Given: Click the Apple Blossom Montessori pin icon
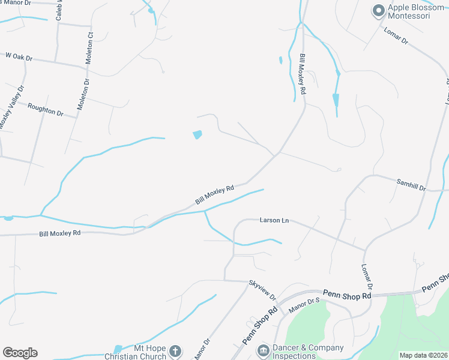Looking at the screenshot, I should click(378, 10).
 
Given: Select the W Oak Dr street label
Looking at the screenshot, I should click(19, 57).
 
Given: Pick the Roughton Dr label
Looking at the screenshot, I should click(46, 109).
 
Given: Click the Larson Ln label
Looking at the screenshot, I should click(274, 220).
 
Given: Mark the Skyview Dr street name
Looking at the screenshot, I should click(262, 289).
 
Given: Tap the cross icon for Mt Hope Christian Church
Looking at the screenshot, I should click(175, 350).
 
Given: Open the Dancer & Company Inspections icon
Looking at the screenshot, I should click(262, 350).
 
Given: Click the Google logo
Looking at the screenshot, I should click(20, 353).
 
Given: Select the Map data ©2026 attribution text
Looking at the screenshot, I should click(423, 355).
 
